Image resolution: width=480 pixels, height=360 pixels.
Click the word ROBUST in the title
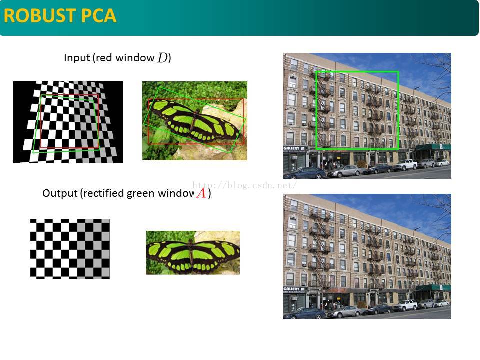(38, 16)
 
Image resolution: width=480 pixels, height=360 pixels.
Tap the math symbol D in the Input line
(162, 58)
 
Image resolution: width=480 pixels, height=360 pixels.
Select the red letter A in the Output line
(201, 193)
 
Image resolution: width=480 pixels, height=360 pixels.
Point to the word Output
(60, 193)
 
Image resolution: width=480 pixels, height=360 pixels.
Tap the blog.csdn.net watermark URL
(245, 185)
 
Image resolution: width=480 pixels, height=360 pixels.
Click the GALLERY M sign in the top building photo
(294, 149)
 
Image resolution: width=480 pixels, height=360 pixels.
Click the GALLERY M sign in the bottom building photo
(294, 289)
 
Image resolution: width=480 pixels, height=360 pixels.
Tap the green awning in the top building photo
(432, 148)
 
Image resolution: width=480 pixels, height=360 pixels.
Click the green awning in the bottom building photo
(432, 288)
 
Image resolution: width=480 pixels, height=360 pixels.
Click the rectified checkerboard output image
(70, 248)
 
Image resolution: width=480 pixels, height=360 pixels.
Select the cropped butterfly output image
(193, 252)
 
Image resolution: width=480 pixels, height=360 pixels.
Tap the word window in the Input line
(134, 58)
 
